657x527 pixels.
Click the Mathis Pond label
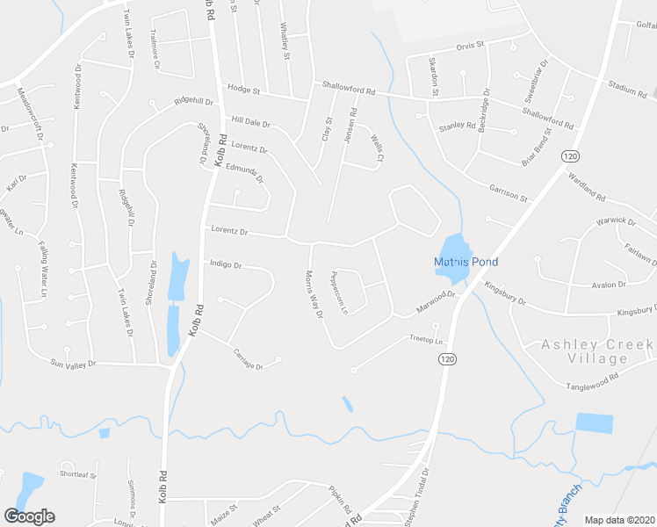click(466, 262)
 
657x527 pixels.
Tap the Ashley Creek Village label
click(598, 352)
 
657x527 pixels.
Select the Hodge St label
click(244, 90)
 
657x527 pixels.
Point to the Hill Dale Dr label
click(250, 122)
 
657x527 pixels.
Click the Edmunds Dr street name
click(245, 173)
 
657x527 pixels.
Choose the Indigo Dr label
click(225, 263)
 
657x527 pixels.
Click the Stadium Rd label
click(627, 89)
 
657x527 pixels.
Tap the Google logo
click(29, 516)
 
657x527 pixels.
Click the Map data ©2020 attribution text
click(619, 520)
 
